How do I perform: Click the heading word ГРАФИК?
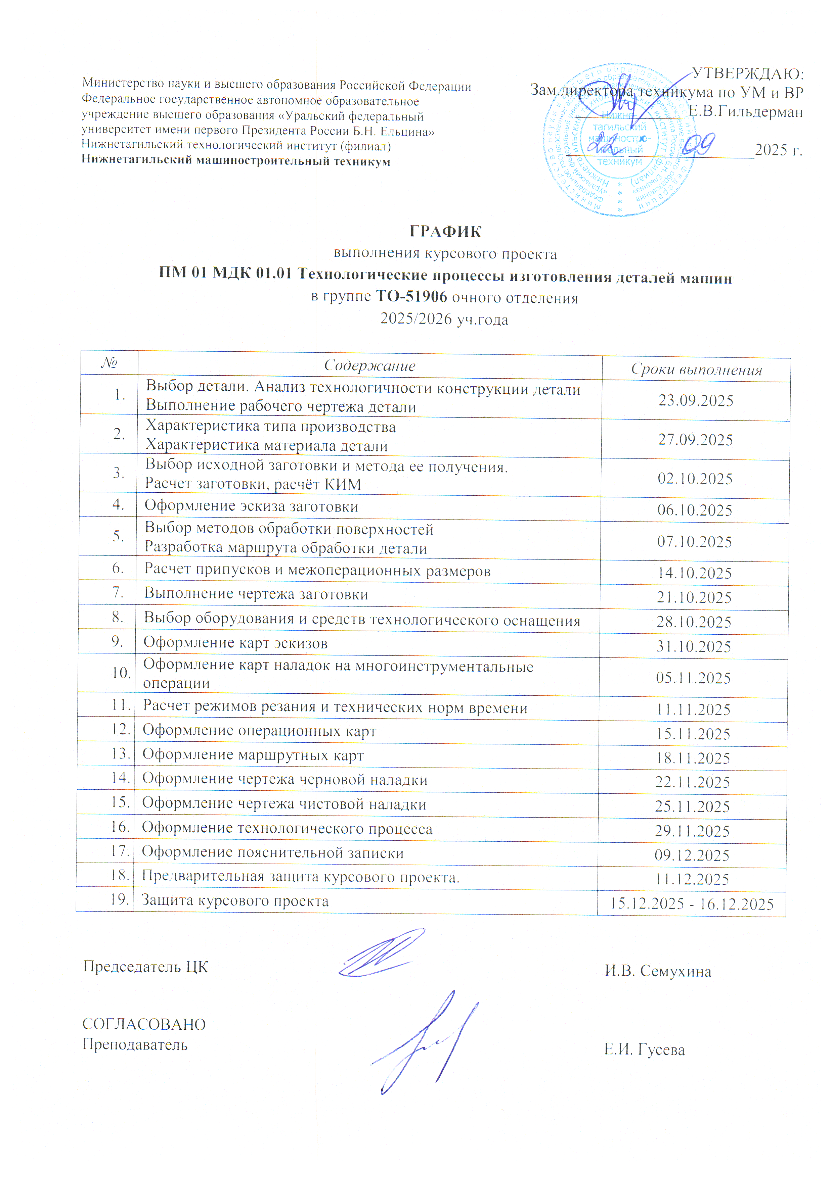click(x=445, y=232)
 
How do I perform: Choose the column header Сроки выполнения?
click(x=696, y=370)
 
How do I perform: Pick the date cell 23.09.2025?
click(x=696, y=400)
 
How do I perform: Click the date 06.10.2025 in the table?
click(x=695, y=510)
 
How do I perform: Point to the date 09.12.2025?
click(x=692, y=855)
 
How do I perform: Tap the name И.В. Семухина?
click(x=658, y=971)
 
